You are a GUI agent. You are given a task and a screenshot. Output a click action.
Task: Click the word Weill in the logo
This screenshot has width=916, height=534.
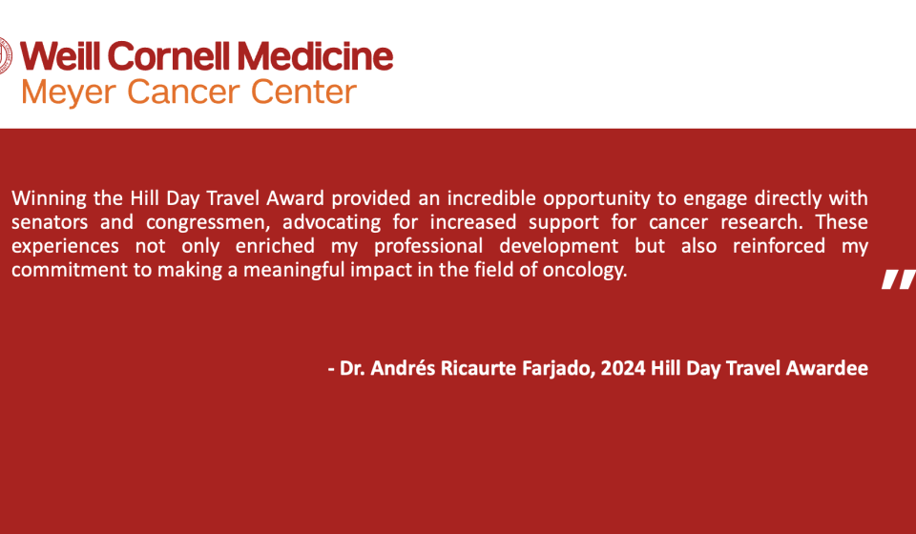(x=61, y=56)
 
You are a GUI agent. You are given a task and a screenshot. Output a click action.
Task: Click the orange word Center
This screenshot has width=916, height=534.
(x=303, y=92)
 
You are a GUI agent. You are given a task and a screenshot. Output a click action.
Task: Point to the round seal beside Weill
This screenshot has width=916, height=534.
(x=5, y=56)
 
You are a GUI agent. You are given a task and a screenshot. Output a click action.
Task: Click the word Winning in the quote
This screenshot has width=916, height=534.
(x=49, y=199)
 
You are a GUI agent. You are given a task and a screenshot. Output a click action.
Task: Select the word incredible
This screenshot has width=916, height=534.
(x=491, y=197)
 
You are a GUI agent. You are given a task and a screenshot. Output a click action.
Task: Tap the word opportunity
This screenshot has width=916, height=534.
(x=596, y=199)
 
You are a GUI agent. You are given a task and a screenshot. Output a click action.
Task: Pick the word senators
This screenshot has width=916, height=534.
(x=50, y=222)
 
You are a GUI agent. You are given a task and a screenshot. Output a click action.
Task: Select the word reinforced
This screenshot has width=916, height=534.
(x=779, y=246)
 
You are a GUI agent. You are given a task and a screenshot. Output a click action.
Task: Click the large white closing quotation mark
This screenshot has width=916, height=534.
(x=899, y=279)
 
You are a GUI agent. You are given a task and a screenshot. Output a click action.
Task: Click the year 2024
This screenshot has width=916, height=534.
(x=622, y=368)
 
